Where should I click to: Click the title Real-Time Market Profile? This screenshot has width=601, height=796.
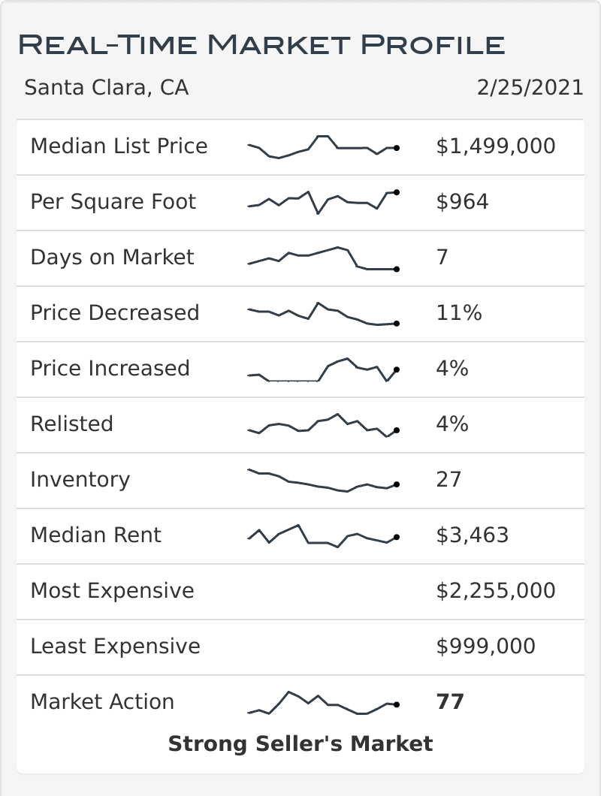[261, 44]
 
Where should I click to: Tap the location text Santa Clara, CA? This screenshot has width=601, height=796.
[106, 88]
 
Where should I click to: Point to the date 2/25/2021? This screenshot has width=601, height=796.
[530, 88]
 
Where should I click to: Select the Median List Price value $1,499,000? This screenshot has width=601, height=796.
[495, 146]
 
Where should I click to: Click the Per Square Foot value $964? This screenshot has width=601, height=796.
[462, 202]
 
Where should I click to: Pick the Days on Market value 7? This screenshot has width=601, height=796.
[442, 258]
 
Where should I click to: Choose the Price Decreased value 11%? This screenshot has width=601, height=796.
[458, 313]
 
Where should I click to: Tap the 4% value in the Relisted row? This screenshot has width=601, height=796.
[452, 424]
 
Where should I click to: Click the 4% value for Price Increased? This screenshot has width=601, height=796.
[452, 369]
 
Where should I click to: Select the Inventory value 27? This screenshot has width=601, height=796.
[448, 480]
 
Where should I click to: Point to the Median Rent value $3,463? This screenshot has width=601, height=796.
[472, 535]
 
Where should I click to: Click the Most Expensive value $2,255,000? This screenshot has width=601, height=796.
[495, 591]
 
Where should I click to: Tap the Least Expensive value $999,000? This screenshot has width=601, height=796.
[485, 647]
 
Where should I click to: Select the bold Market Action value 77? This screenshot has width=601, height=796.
[450, 702]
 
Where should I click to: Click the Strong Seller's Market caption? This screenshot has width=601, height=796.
[300, 744]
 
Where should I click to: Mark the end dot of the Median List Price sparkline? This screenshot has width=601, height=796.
[396, 149]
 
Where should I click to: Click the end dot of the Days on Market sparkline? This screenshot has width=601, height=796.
[396, 269]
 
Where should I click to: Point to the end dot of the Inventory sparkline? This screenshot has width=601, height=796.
[396, 485]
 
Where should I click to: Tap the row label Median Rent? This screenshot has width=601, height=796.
[95, 535]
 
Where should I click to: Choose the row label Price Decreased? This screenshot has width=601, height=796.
[114, 313]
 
